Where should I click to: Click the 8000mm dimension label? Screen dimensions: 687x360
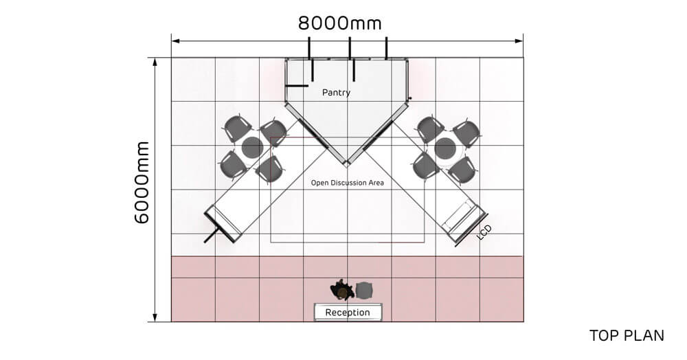coord(339,23)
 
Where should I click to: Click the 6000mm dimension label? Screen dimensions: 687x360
coord(142,183)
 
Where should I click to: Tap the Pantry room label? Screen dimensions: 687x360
coord(336,93)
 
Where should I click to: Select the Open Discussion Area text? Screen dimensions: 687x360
coord(348,183)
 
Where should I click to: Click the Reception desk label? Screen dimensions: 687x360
coord(348,313)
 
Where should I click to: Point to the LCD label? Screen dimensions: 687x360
coord(484,232)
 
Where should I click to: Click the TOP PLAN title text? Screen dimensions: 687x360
coord(627,335)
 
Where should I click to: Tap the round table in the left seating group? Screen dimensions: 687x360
coord(252,148)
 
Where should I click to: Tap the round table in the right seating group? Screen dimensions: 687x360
coord(446,148)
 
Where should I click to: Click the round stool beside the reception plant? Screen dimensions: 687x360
coord(364,291)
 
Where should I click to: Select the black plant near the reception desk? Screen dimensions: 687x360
coord(341,290)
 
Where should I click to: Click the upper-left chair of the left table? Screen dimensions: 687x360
coord(237,128)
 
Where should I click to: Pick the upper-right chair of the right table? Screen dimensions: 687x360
coord(466,133)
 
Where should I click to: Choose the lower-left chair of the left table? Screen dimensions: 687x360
coord(233,166)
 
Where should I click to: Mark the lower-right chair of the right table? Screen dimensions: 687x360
coord(462,170)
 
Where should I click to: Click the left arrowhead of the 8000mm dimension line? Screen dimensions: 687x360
coord(175,41)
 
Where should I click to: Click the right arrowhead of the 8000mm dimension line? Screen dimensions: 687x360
coord(519,41)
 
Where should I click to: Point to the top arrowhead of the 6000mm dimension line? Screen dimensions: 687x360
coord(155,62)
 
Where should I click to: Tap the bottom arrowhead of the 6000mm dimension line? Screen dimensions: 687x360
coord(155,317)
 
